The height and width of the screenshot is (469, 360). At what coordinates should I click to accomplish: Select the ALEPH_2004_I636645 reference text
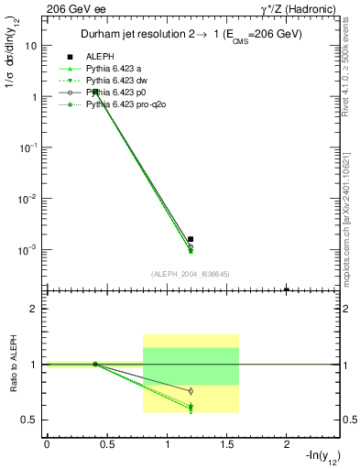click(190, 273)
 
